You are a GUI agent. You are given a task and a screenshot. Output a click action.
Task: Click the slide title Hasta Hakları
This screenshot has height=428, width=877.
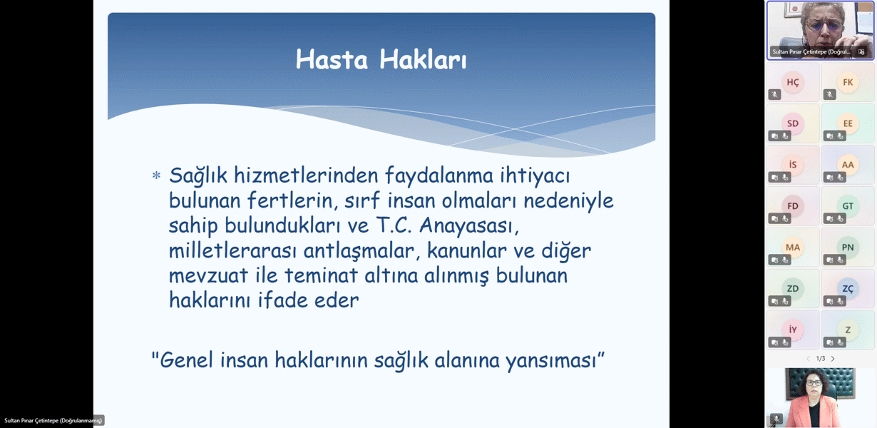tap(381, 60)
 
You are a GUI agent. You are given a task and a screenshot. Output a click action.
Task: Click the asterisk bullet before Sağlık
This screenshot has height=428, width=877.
tap(156, 175)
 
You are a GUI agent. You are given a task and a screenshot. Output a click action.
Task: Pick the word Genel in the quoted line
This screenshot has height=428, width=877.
tap(188, 360)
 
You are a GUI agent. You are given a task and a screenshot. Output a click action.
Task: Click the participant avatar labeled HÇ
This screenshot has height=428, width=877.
tap(793, 82)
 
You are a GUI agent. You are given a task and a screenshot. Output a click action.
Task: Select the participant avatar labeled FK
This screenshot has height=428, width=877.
tap(848, 82)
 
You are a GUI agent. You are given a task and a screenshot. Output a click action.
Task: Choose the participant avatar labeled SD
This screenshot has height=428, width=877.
tap(793, 123)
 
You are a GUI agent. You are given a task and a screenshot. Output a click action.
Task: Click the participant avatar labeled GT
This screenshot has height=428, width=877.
tap(848, 206)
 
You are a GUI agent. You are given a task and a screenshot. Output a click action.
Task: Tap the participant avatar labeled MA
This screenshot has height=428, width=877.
tap(793, 248)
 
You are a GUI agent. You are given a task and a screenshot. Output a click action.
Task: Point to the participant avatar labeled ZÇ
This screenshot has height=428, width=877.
tap(848, 289)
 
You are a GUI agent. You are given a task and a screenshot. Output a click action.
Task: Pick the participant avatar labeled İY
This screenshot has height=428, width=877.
tap(793, 330)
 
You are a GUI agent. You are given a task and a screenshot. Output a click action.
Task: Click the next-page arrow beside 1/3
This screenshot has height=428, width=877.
tap(833, 359)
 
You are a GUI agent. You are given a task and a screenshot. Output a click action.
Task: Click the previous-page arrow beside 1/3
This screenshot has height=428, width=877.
tap(808, 359)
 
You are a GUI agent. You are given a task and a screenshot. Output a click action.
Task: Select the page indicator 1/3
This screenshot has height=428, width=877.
tap(820, 359)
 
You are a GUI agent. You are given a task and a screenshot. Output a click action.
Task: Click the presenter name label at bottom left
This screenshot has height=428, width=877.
tap(53, 421)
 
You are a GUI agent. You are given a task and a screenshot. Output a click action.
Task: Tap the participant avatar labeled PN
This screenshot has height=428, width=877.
tap(848, 248)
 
